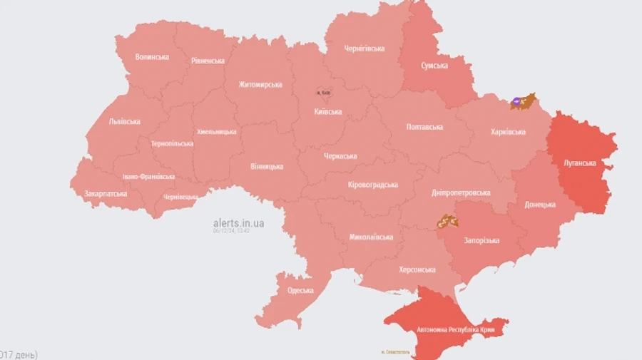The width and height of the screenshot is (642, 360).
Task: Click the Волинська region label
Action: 152,56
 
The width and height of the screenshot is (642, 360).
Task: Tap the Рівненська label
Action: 208,61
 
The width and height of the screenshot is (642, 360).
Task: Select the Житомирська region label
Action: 260,85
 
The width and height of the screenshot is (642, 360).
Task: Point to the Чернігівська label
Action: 365,48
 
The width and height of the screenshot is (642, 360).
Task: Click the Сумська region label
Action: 434,66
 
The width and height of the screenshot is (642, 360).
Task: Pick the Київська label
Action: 328,111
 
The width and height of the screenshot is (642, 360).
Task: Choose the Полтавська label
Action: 424,127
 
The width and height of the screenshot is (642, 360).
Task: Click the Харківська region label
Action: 509,132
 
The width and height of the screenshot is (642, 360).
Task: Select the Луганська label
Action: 579,163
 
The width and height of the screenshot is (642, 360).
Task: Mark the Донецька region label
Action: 540,205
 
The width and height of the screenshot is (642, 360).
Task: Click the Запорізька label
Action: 481,240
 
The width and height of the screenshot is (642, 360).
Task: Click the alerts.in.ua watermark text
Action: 238,223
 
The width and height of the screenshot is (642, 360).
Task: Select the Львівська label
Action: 125,121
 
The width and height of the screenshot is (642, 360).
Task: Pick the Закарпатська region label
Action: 106,193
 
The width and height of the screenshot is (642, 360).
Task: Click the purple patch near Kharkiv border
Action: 516,103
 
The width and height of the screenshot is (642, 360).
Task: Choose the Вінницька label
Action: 267,166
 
